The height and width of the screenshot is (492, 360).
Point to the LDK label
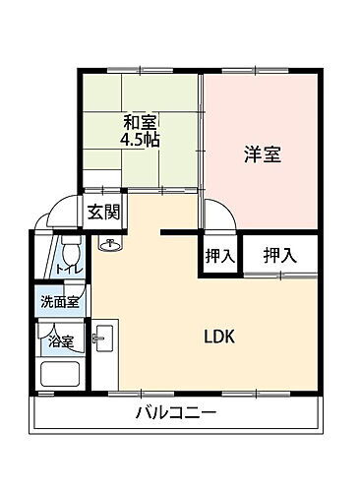point(218,336)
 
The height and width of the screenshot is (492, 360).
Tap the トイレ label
point(67,269)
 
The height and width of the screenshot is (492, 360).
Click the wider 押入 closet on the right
point(279,255)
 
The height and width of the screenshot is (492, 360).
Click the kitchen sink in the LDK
point(101,341)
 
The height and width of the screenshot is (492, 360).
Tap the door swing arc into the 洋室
point(213,210)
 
